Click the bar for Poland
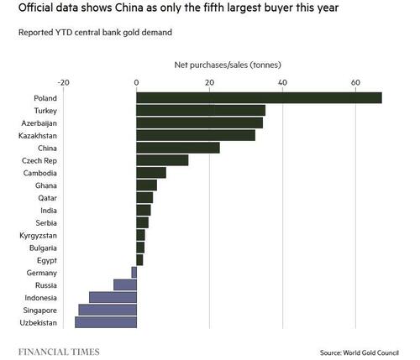click(x=259, y=98)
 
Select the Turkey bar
click(x=200, y=110)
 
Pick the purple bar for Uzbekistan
click(x=105, y=322)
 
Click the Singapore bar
click(x=107, y=310)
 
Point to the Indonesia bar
click(x=113, y=297)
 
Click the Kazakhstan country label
click(x=38, y=135)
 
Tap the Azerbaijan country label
click(x=39, y=123)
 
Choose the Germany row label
click(x=42, y=273)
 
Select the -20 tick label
click(x=62, y=82)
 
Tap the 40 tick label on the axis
click(x=281, y=82)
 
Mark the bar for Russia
click(x=124, y=284)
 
